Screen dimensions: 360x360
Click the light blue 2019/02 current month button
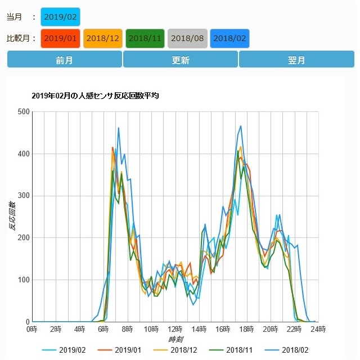coord(60,16)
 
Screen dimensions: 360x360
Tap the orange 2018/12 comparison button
coord(102,38)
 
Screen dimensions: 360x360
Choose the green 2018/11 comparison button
coord(145,38)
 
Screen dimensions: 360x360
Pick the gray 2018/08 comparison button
coord(187,38)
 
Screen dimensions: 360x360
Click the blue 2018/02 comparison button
coord(229,38)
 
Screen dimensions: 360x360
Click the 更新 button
coord(180,60)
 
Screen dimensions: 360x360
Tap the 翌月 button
coord(296,60)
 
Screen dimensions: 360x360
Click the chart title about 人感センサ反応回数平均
coord(95,96)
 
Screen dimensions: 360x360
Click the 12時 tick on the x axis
coord(175,329)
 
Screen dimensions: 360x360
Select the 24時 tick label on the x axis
coord(319,329)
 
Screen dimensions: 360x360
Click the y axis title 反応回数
coord(12,217)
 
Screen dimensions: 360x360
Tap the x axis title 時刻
coord(175,340)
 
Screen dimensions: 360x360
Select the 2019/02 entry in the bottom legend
coord(67,350)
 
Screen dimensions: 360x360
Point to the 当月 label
coord(15,17)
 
